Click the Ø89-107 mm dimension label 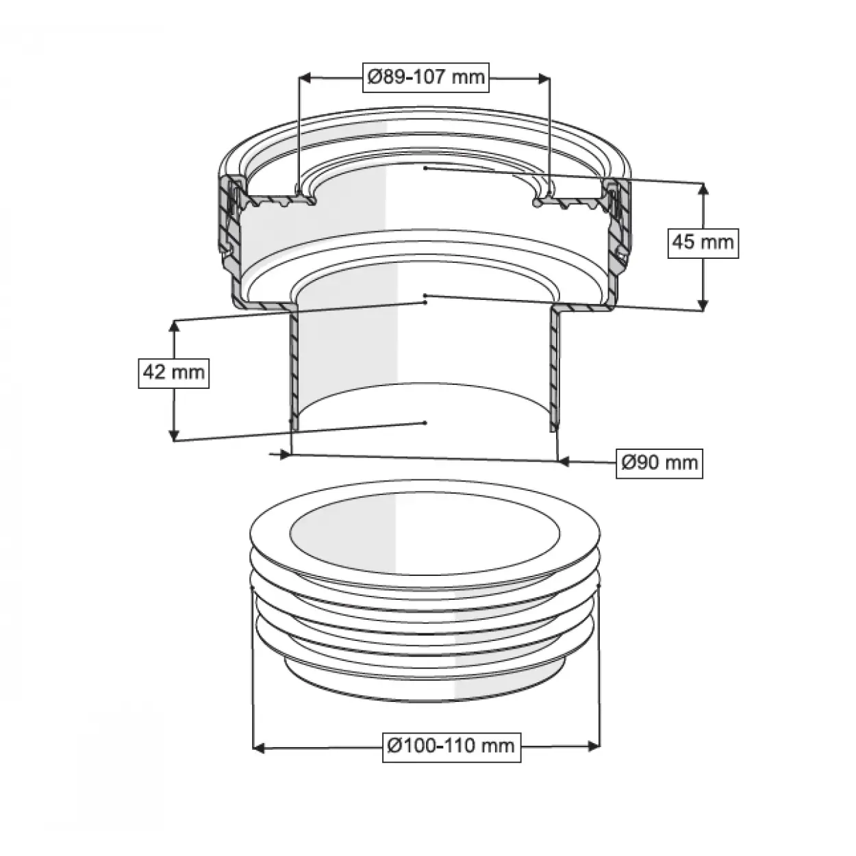[x=425, y=77]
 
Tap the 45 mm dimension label [x=703, y=243]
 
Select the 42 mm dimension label [x=174, y=373]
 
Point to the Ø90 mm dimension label [x=659, y=464]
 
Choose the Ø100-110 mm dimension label [x=451, y=746]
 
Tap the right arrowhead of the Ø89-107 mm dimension [x=544, y=79]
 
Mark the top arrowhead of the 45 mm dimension [x=703, y=189]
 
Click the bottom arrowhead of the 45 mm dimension [x=703, y=305]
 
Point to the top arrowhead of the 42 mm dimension [x=174, y=327]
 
